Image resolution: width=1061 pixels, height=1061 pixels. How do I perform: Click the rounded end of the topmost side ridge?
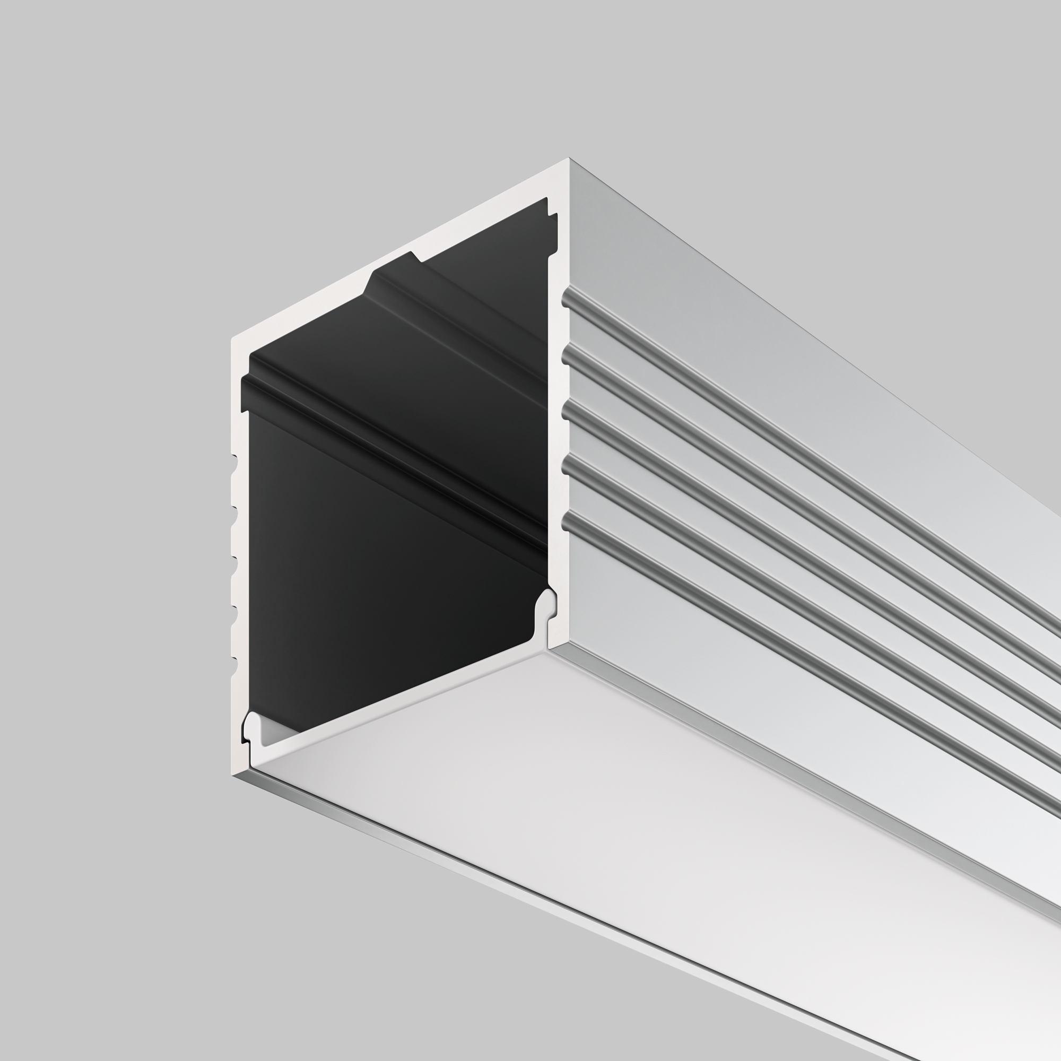point(566,298)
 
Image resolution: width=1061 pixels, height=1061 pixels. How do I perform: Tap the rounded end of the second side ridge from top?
point(566,358)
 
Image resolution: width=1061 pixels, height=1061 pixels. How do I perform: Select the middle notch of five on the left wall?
point(234,566)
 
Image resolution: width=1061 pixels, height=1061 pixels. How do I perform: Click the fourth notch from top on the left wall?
point(234,615)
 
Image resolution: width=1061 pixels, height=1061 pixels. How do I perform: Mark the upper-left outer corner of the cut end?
point(232,338)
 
